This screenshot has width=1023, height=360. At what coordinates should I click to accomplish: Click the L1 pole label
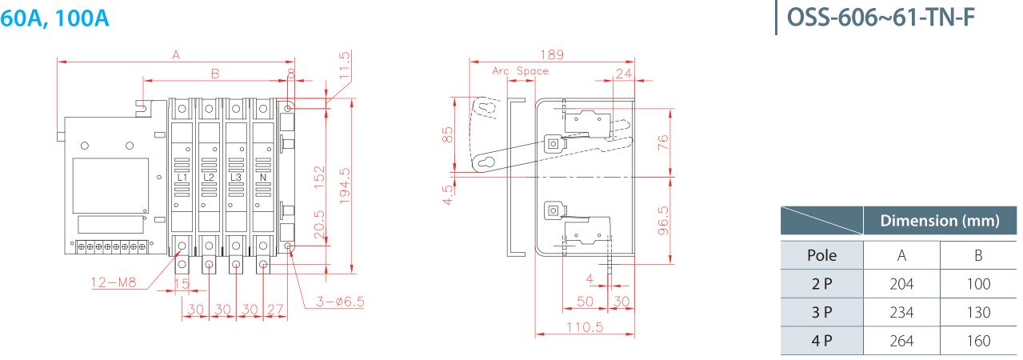point(182,178)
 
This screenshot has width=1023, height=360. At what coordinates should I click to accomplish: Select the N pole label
point(263,178)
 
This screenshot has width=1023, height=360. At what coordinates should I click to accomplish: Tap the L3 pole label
point(236,178)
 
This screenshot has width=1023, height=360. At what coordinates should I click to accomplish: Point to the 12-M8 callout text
point(114,282)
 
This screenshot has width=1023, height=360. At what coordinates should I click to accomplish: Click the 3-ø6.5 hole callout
point(340,302)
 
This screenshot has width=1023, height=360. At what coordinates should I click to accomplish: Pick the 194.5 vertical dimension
point(345,186)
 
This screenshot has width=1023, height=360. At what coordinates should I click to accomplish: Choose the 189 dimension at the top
point(552,55)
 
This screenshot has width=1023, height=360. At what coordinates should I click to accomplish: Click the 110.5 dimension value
point(585,327)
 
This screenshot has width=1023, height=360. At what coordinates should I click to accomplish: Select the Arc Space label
point(520,71)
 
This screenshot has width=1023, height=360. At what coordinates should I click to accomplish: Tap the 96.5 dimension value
point(663,221)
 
